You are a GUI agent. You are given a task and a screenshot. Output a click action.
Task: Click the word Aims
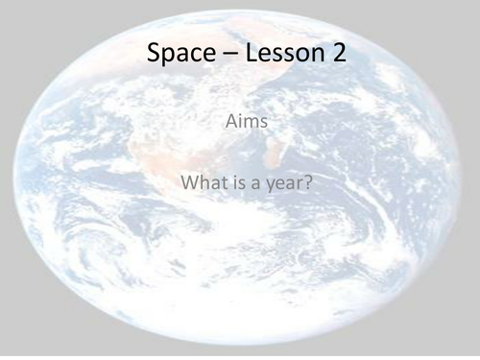(240, 122)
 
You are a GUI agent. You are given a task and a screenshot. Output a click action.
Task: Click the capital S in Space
(155, 55)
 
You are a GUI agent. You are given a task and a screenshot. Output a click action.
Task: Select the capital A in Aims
(226, 122)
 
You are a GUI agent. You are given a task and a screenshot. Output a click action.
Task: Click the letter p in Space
(168, 58)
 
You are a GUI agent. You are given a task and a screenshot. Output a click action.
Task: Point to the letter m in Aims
(244, 123)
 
